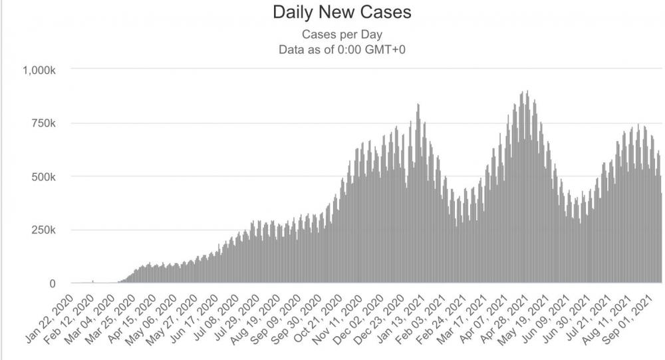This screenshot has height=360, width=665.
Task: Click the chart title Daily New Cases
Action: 332,13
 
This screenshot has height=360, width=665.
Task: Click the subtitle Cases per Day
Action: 332,35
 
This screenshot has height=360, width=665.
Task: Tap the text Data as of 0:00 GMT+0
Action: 332,49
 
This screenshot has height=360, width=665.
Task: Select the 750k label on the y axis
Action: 49,123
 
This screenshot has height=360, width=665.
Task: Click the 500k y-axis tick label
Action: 49,176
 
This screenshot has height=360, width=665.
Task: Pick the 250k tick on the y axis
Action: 49,230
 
